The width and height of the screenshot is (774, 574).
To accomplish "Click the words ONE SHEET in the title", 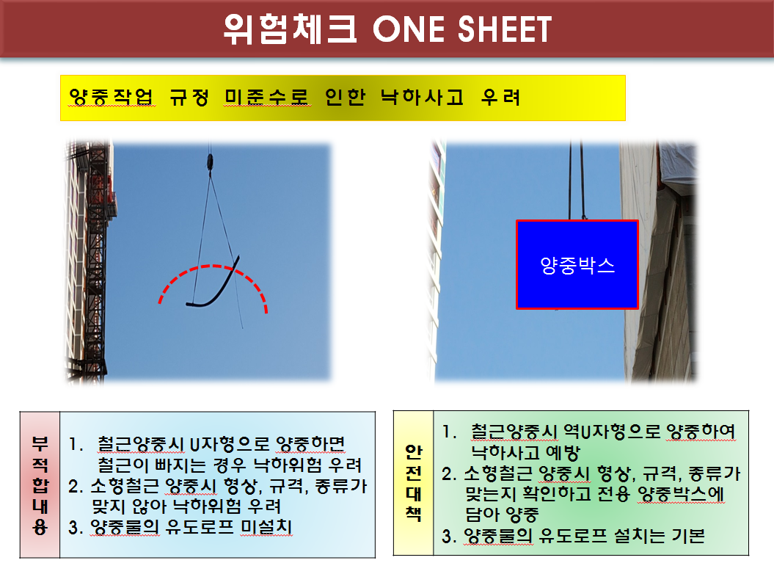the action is pos(462,29).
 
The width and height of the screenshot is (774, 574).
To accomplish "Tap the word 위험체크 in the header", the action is pos(291,29).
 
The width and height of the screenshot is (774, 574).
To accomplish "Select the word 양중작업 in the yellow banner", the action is pos(111,97).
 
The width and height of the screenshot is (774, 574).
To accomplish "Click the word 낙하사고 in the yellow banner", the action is pos(423,97).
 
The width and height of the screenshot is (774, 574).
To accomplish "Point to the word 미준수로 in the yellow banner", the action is pos(267,97).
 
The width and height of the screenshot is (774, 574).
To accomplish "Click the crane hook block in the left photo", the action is pos(211,162).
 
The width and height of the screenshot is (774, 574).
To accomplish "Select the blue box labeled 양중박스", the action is pos(577,265).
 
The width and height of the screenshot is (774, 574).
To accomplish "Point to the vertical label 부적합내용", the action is pos(40,485).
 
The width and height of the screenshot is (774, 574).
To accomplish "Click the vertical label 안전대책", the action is pos(414,483).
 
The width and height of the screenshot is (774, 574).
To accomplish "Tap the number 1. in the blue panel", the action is pos(76,444).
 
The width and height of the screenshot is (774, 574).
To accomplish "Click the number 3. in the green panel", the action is pos(448,536).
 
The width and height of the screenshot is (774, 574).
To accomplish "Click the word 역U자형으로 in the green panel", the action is pos(612,432).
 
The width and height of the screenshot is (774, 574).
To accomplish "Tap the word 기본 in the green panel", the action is pos(688,536).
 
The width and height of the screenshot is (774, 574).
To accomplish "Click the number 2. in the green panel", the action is pos(449,474).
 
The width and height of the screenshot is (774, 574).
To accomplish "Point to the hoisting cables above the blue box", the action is pos(577,181).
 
